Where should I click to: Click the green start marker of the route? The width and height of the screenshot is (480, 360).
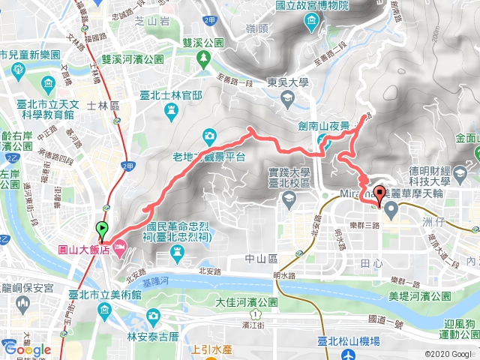tap(102, 229)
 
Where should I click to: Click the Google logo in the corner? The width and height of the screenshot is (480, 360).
tap(27, 349)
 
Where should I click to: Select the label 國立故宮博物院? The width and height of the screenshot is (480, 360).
tap(333, 6)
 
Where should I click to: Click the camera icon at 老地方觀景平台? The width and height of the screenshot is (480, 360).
tap(208, 136)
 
